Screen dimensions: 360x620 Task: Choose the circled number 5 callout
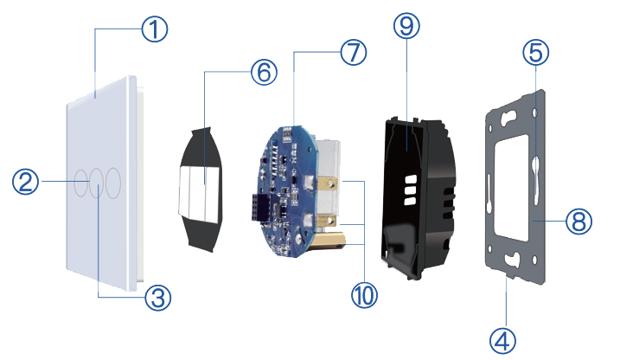pos(536,55)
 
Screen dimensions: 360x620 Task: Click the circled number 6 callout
pos(264,72)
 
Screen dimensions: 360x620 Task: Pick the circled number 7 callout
pos(353,53)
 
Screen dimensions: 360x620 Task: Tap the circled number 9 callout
pos(406,27)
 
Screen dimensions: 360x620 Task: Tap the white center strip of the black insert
pos(204,190)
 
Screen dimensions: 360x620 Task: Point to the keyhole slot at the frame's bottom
pos(515,259)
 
